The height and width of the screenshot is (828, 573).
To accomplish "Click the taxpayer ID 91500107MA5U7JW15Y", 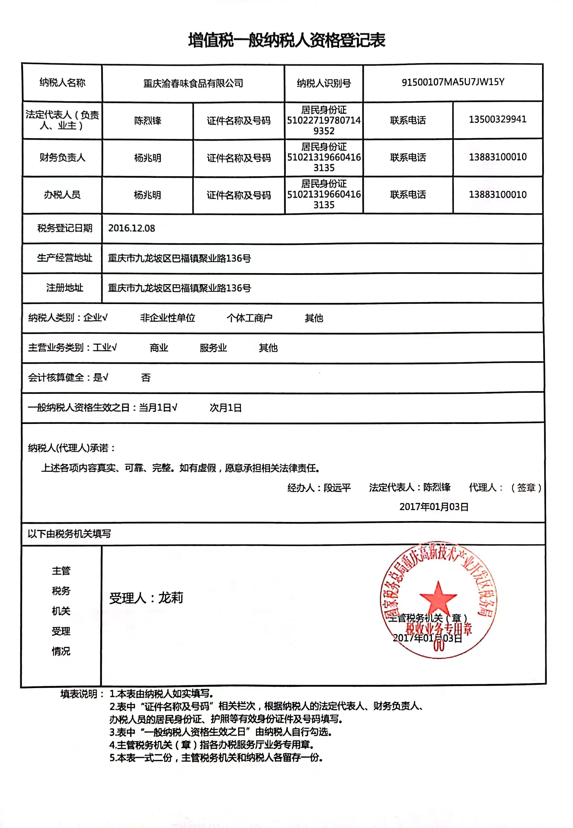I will (453, 82).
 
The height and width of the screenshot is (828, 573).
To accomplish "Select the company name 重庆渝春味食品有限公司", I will (193, 83).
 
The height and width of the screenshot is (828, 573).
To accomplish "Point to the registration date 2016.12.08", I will (131, 228).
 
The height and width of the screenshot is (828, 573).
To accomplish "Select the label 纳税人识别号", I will (323, 83).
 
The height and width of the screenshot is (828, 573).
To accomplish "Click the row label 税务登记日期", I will (65, 228).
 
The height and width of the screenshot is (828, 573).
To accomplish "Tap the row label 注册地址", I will (65, 288).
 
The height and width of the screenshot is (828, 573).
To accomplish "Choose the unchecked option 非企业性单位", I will (167, 318).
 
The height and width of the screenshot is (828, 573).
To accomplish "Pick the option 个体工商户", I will (249, 318).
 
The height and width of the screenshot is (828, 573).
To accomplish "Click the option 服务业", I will (213, 348).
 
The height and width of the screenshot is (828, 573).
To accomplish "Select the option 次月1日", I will (225, 408).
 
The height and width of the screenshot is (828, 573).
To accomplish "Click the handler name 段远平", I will (337, 488).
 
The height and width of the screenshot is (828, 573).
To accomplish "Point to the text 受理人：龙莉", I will (146, 598).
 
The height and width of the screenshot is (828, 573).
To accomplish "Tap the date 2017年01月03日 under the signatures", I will (434, 507).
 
